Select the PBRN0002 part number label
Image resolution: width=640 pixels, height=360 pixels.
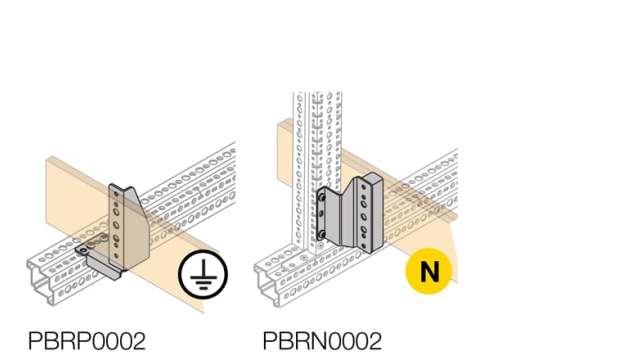[322, 341]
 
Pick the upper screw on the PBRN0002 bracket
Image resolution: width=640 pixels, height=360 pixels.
[326, 199]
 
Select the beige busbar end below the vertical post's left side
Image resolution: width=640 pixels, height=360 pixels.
[284, 135]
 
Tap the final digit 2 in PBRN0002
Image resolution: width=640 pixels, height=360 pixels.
[375, 341]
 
